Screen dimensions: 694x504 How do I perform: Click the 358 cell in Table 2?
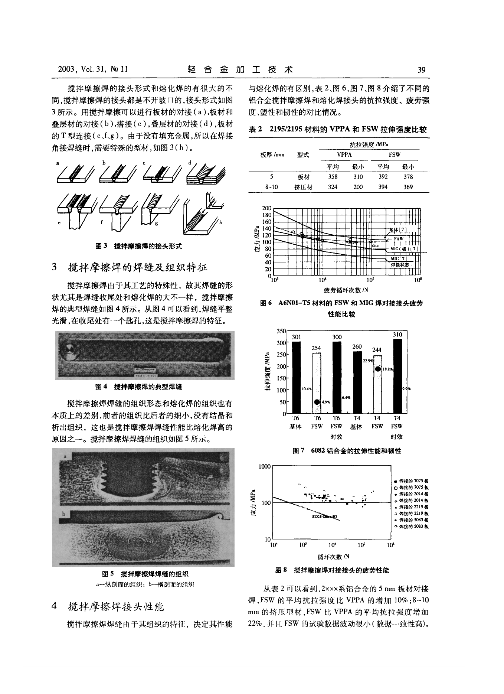tap(333, 177)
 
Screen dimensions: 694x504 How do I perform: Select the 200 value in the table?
tap(358, 187)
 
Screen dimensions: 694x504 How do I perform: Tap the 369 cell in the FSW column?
tap(408, 187)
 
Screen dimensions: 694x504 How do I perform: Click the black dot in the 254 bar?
tap(317, 402)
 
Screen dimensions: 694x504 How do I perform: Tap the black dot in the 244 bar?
tap(377, 369)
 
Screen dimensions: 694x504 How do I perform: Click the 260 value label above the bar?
tap(357, 346)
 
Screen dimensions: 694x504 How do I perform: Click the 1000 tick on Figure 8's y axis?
tap(265, 466)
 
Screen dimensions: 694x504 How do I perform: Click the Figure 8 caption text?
tap(332, 570)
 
